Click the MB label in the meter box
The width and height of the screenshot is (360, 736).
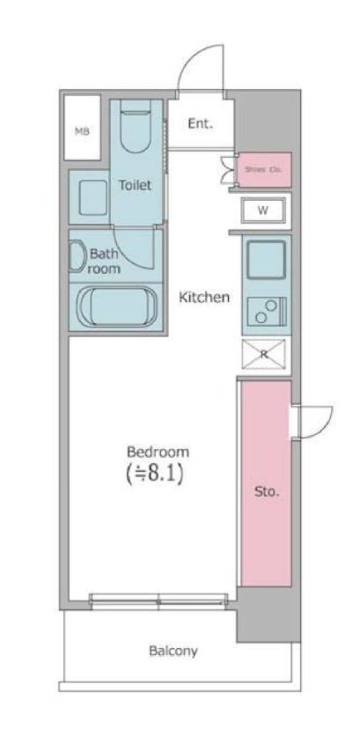pyautogui.click(x=82, y=131)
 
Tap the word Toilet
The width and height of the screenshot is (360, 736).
pyautogui.click(x=136, y=185)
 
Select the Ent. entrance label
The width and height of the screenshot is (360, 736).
pyautogui.click(x=201, y=124)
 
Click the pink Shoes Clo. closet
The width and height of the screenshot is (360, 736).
pyautogui.click(x=263, y=169)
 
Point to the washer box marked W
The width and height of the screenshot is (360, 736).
pyautogui.click(x=263, y=210)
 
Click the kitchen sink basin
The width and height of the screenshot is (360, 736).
pyautogui.click(x=266, y=260)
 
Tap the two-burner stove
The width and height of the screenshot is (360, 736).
pyautogui.click(x=267, y=311)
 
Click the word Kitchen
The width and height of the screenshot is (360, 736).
pyautogui.click(x=204, y=297)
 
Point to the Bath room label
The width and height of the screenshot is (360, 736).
pyautogui.click(x=105, y=261)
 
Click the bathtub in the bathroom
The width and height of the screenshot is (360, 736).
pyautogui.click(x=116, y=307)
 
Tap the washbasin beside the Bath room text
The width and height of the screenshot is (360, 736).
pyautogui.click(x=77, y=256)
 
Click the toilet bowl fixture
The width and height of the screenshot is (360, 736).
pyautogui.click(x=136, y=126)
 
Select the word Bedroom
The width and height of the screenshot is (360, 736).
pyautogui.click(x=158, y=452)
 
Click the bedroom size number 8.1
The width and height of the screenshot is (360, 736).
pyautogui.click(x=158, y=475)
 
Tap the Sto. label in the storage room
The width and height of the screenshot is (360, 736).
pyautogui.click(x=267, y=492)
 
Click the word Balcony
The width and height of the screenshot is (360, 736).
pyautogui.click(x=173, y=651)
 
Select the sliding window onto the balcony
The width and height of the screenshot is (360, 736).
pyautogui.click(x=158, y=600)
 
